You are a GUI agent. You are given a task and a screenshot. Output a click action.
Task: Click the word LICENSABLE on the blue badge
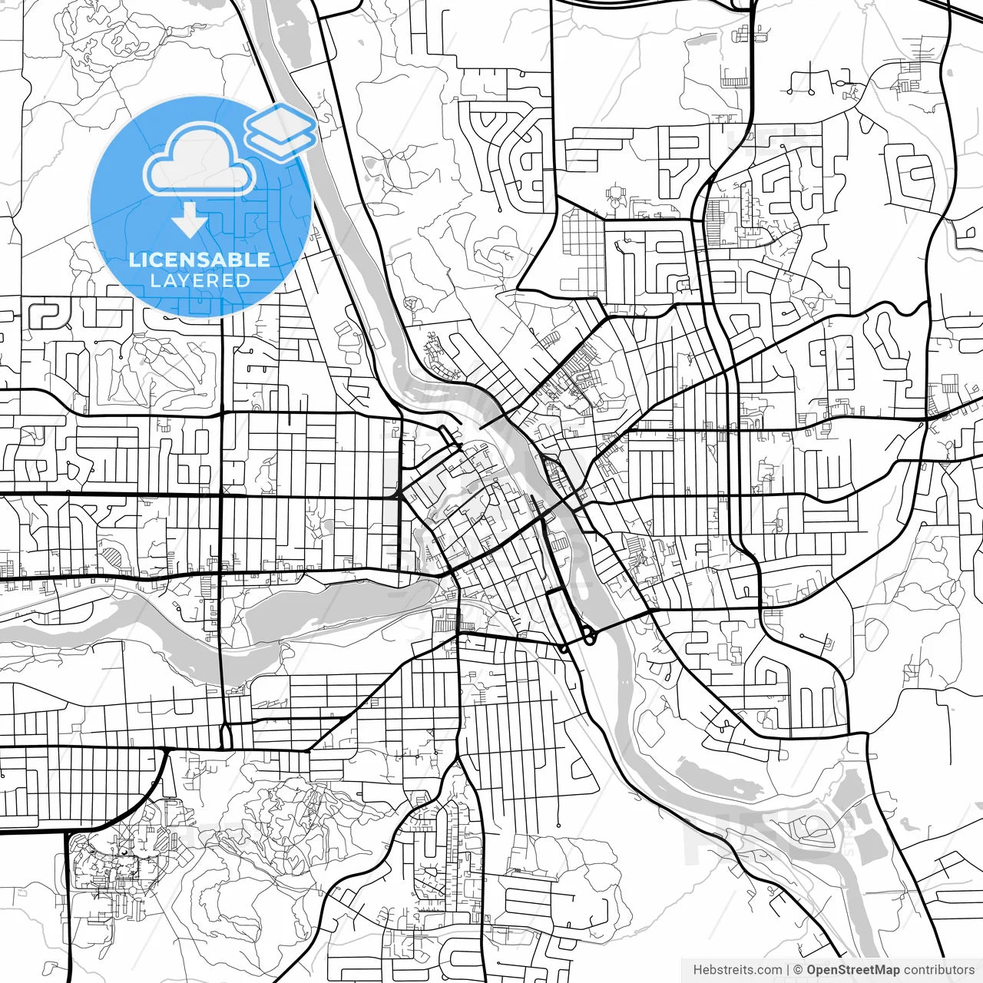pyautogui.click(x=200, y=259)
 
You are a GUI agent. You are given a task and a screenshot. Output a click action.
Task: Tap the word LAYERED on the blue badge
pyautogui.click(x=200, y=280)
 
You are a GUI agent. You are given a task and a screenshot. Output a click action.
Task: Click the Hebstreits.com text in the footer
pyautogui.click(x=737, y=970)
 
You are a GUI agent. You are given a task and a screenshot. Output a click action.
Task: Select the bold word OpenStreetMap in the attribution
pyautogui.click(x=853, y=970)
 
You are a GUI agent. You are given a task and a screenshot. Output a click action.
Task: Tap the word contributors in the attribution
pyautogui.click(x=938, y=970)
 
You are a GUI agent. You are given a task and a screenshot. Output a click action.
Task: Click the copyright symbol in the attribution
pyautogui.click(x=798, y=970)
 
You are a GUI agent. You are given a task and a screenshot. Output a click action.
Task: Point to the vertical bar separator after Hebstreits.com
pyautogui.click(x=788, y=970)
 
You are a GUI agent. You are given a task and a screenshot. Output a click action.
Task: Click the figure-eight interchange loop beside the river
pyautogui.click(x=590, y=636)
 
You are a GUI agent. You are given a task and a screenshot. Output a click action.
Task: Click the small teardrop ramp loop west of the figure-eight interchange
pyautogui.click(x=564, y=649)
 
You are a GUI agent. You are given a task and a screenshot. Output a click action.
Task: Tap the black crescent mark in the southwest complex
pyautogui.click(x=122, y=852)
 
